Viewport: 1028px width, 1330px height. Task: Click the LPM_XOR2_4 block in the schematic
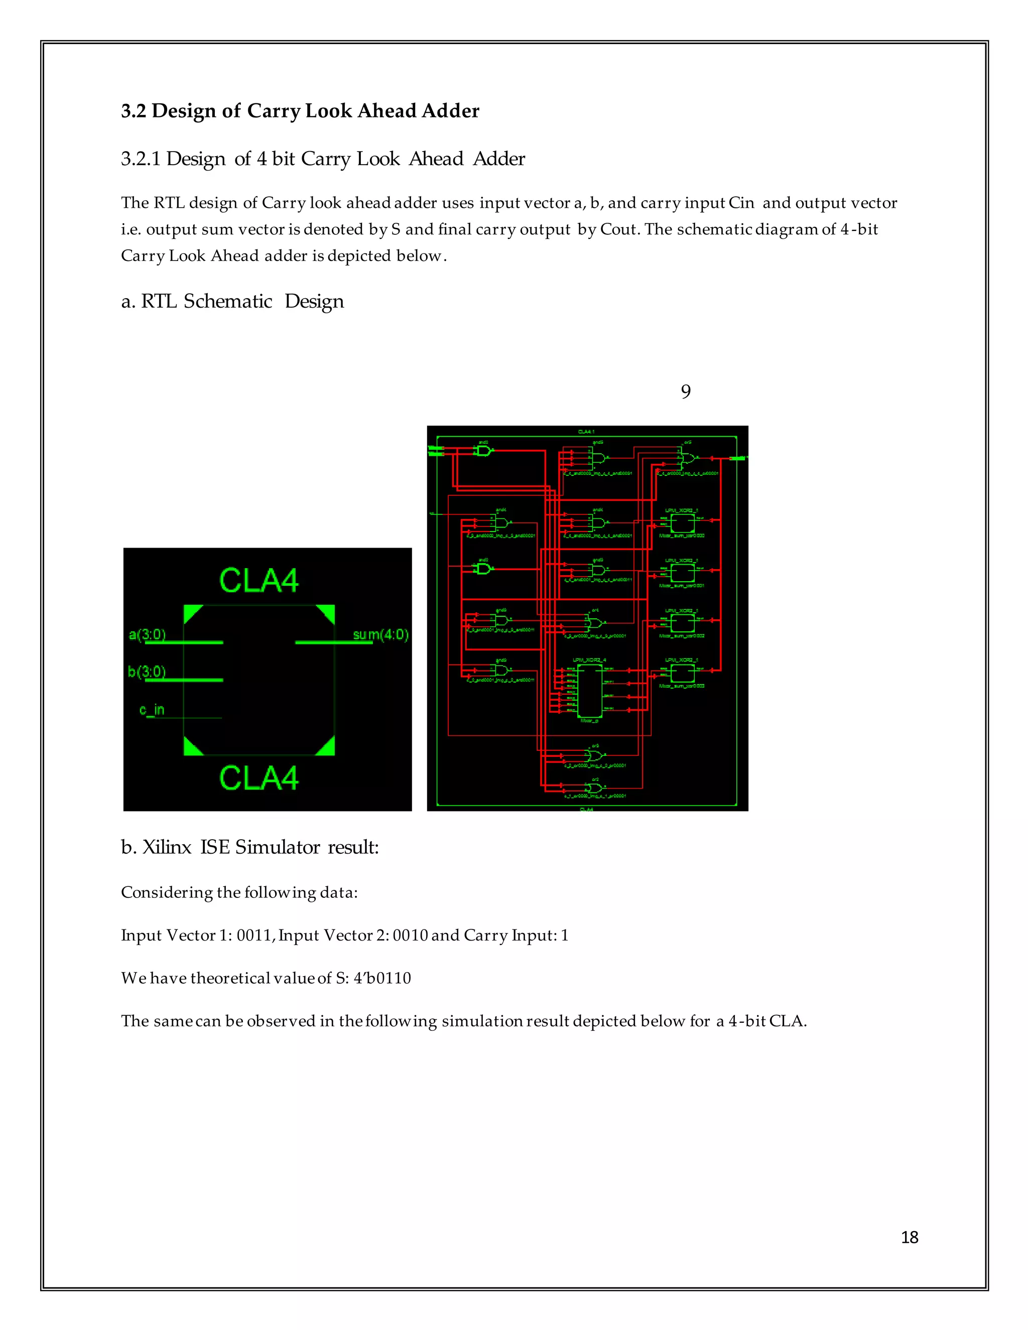[589, 691]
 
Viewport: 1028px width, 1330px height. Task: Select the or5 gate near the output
[687, 458]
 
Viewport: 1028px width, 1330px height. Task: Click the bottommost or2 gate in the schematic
[595, 788]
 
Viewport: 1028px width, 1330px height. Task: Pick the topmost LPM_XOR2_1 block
[682, 523]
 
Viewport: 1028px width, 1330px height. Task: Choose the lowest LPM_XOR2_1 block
[682, 673]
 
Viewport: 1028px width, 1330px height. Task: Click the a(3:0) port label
[147, 634]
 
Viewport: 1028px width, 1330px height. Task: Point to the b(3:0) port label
[146, 671]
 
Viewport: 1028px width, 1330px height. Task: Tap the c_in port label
[152, 710]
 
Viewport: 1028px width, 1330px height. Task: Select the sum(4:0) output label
[380, 634]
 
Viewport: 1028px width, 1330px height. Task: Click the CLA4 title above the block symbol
[259, 580]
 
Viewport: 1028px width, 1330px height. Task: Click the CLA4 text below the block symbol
[259, 777]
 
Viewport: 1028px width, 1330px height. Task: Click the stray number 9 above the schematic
[686, 391]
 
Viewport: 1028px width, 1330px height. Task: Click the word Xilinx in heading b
[167, 847]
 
